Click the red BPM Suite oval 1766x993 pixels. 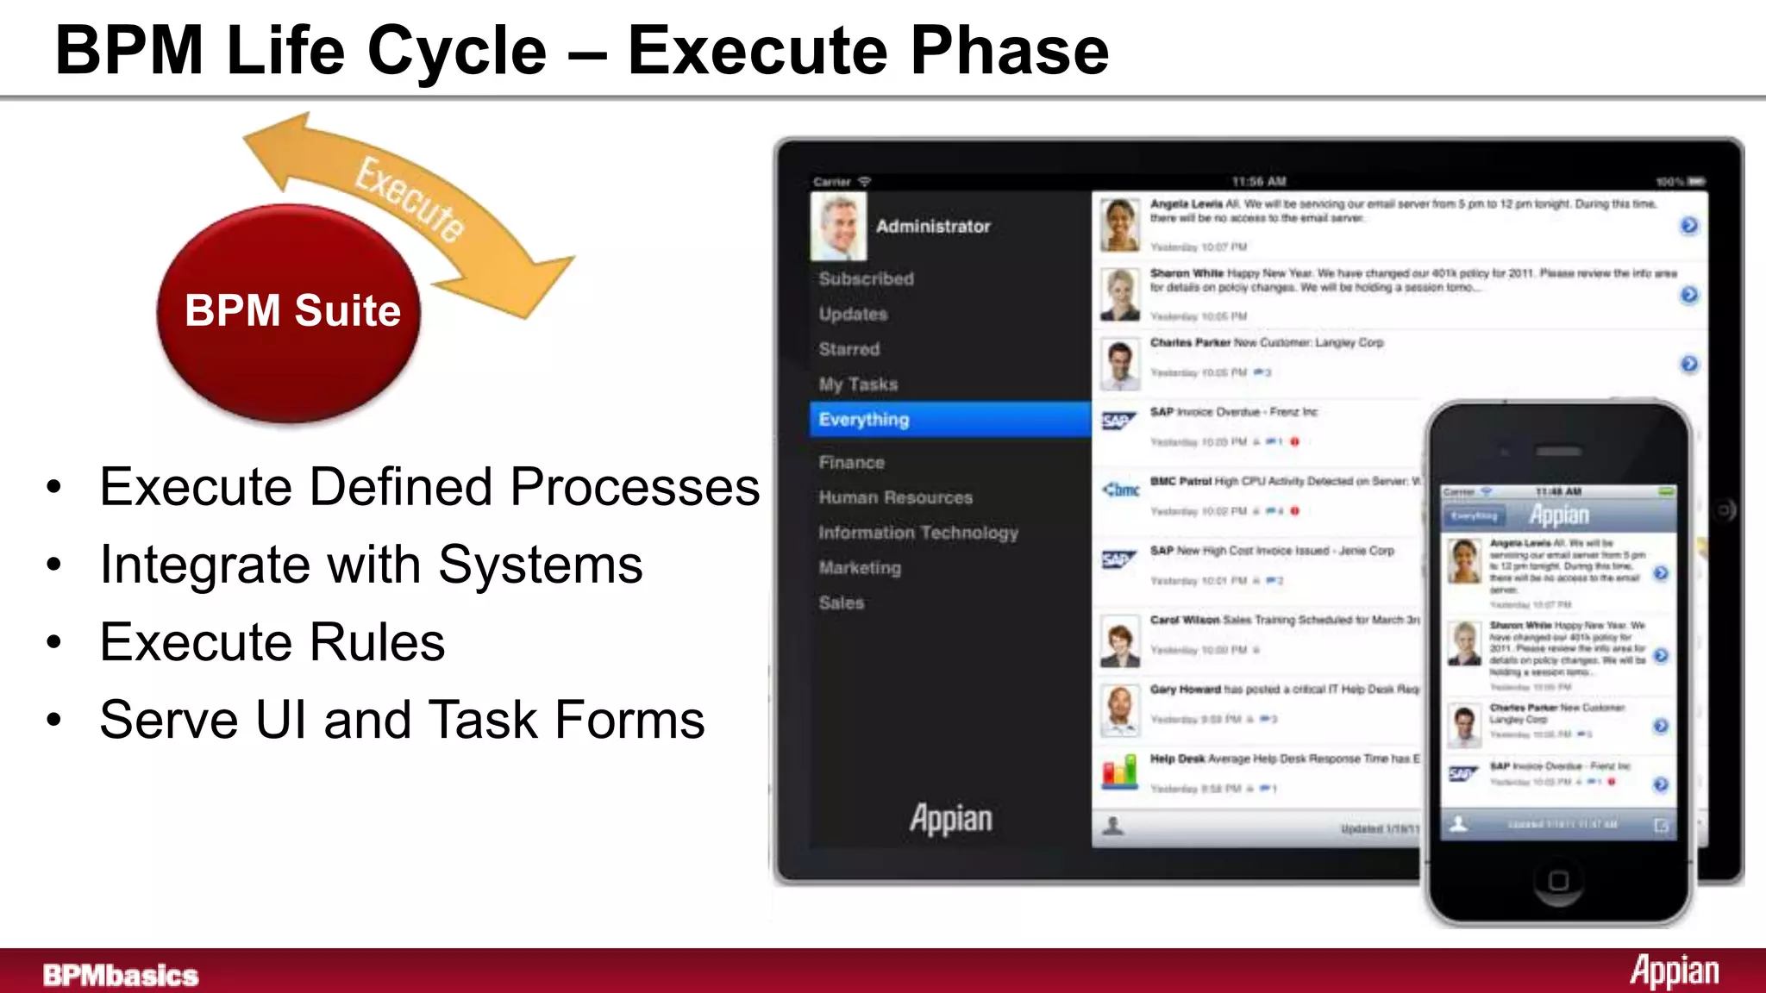[289, 312]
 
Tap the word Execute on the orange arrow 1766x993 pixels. [410, 198]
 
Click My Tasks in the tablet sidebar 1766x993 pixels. [858, 384]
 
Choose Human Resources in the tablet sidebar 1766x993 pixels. [895, 497]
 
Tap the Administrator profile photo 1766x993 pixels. [838, 227]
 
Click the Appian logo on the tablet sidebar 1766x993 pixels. [950, 818]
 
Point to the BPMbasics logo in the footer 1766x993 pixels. [121, 975]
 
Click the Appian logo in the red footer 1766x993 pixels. [1674, 971]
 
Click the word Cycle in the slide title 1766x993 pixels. [457, 50]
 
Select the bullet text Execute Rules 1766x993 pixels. [272, 642]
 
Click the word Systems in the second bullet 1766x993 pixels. [540, 565]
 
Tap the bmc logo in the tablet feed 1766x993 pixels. [1120, 490]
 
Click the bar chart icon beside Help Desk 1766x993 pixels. [1119, 770]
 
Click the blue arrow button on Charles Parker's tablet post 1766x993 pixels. [1688, 364]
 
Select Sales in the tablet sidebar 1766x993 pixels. [841, 603]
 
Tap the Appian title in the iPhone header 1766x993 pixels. [1559, 515]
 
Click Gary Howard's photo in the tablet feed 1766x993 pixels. [1119, 709]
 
